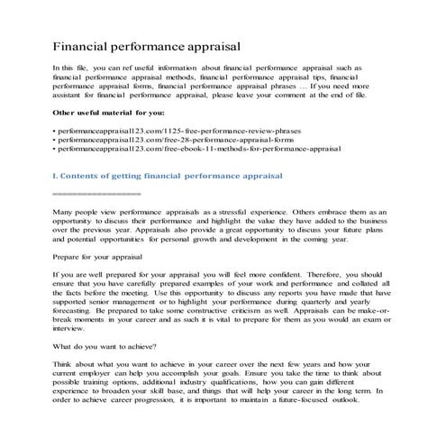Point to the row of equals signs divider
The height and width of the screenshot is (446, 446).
[x=96, y=194]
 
